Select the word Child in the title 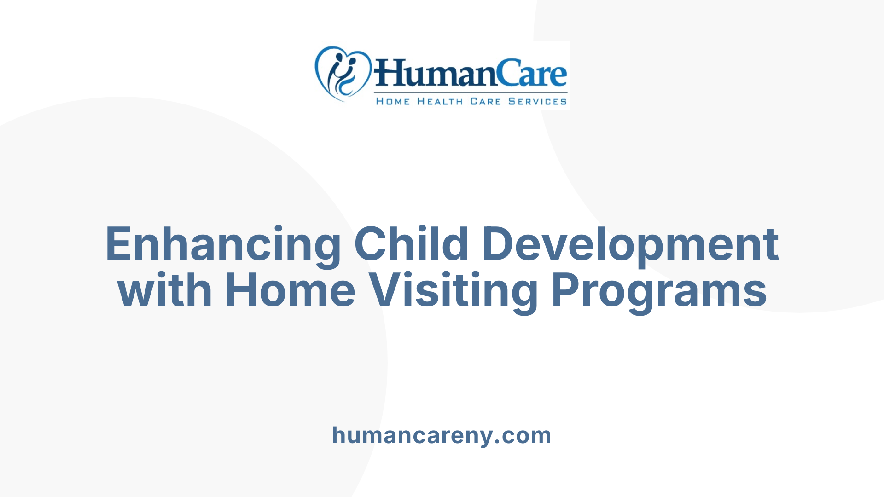click(411, 244)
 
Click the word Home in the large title click(290, 290)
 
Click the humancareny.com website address click(442, 435)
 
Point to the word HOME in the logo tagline click(393, 101)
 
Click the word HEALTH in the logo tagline click(440, 101)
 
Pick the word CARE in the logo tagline click(485, 101)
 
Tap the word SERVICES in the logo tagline click(537, 101)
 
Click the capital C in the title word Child click(371, 244)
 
